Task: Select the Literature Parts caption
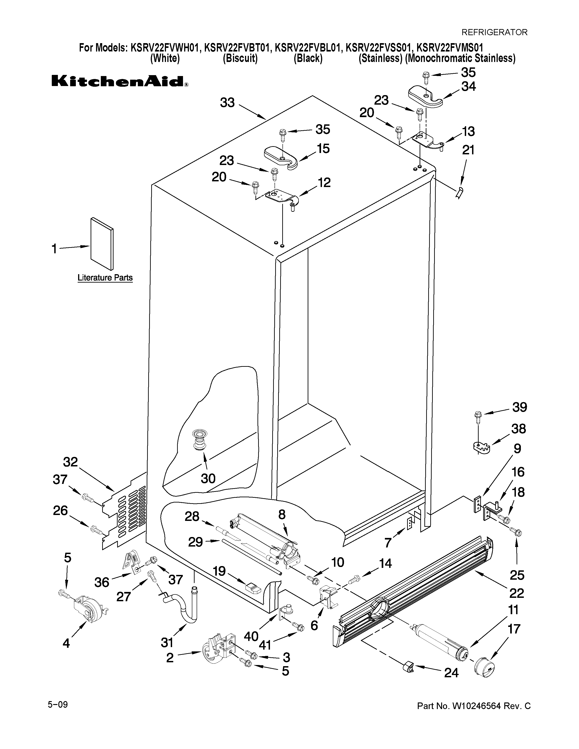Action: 105,277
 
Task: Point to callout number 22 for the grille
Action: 517,593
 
